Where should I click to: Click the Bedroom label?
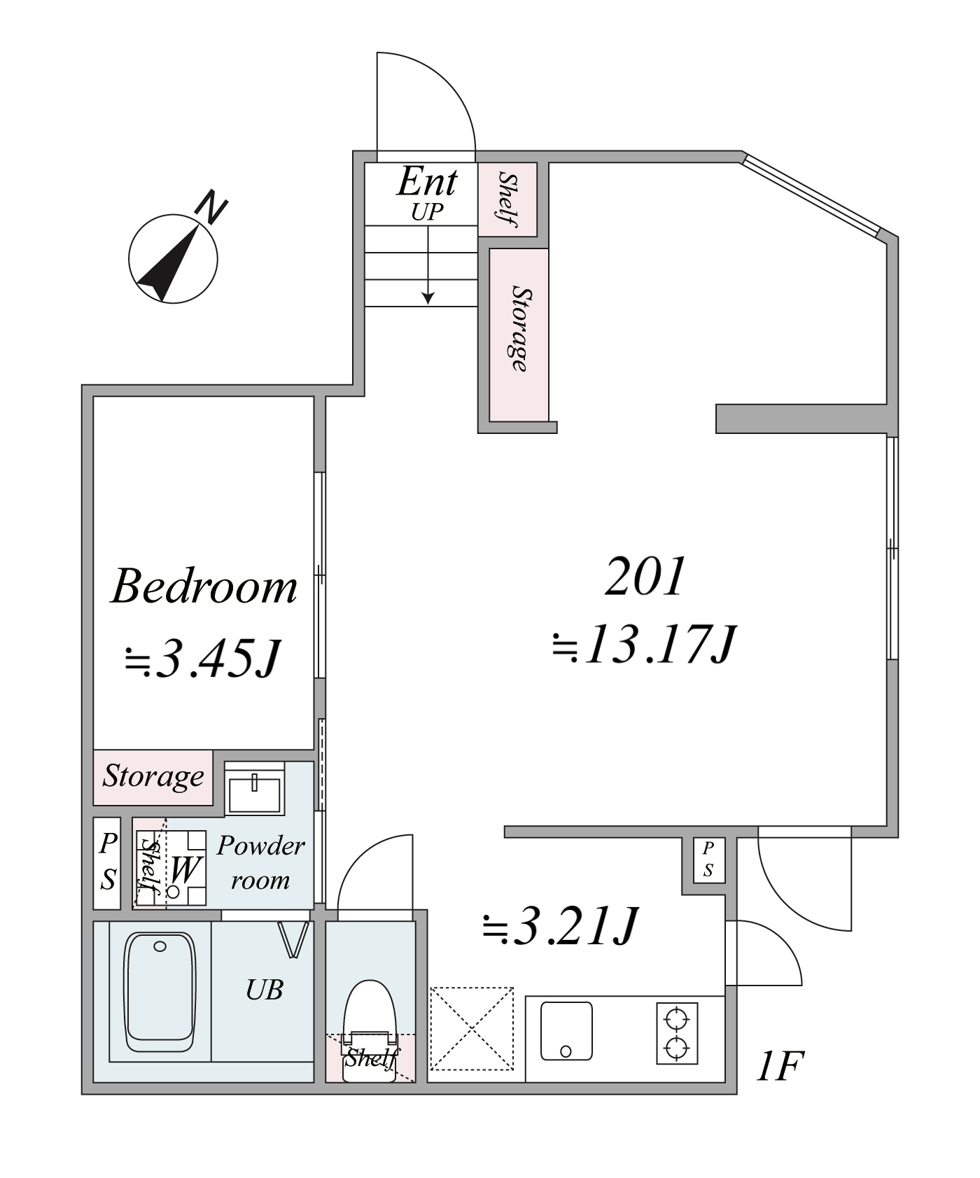click(x=204, y=586)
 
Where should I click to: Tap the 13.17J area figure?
click(x=643, y=644)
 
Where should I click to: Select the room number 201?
click(x=645, y=577)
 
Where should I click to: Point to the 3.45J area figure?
click(x=203, y=659)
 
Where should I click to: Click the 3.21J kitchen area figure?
click(x=560, y=927)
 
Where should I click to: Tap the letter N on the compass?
click(x=211, y=207)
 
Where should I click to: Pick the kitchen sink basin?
click(x=566, y=1031)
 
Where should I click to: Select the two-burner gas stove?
click(x=677, y=1034)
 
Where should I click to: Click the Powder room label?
click(x=260, y=862)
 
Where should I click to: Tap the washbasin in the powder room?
click(x=255, y=790)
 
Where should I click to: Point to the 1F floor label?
click(x=779, y=1066)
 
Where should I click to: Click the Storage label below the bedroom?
click(x=153, y=776)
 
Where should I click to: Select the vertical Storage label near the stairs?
click(x=519, y=328)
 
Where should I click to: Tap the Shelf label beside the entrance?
click(x=507, y=199)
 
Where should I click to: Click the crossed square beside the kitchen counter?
click(x=472, y=1029)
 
